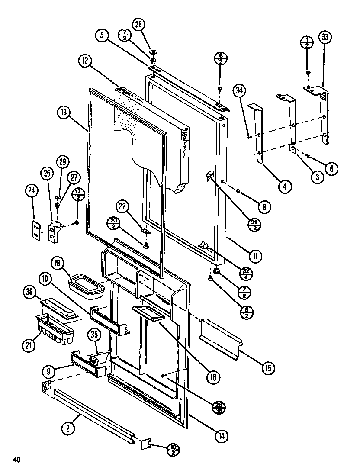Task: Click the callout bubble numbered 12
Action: point(85,61)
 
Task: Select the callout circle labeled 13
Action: point(64,113)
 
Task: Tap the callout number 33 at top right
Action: point(325,37)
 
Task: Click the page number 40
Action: point(16,460)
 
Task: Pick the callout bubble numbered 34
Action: point(239,91)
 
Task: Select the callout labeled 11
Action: point(256,256)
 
